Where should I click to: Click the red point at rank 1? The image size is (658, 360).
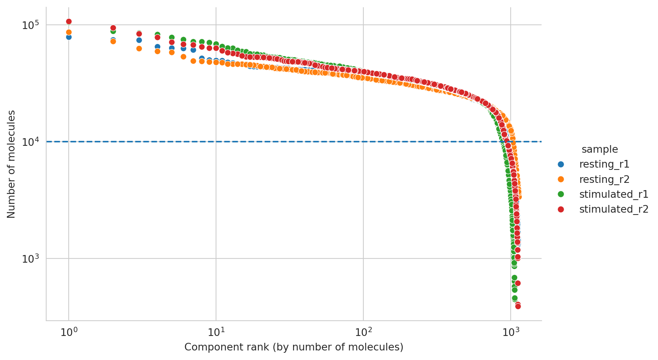tap(69, 21)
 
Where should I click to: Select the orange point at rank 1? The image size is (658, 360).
tap(69, 32)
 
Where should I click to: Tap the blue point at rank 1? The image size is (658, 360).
tap(69, 37)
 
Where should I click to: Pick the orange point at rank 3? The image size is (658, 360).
tap(139, 48)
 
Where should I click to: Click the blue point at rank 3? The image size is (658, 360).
tap(139, 40)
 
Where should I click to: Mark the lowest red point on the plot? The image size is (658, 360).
tap(518, 306)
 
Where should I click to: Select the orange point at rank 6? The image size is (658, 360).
tap(183, 57)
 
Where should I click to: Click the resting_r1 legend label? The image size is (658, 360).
tap(604, 164)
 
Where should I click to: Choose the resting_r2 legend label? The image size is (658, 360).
tap(604, 179)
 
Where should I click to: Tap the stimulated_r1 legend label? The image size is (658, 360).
tap(614, 194)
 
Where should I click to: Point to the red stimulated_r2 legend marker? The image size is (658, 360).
tap(561, 209)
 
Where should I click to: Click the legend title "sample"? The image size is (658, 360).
tap(600, 149)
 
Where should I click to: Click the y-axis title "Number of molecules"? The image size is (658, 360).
tap(11, 164)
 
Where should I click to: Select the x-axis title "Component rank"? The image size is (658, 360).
tap(294, 347)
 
